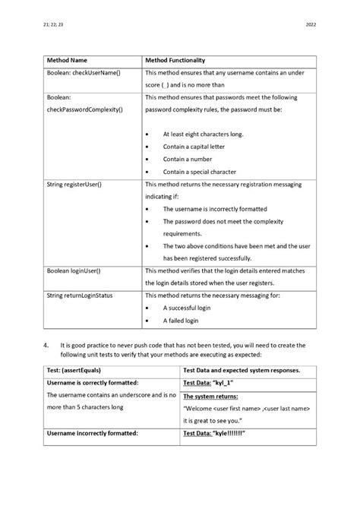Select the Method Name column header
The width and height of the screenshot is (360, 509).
(x=68, y=59)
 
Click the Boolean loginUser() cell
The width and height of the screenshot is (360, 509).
(x=74, y=270)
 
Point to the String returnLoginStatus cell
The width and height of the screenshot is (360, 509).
(x=80, y=296)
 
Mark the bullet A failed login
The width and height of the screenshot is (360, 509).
(x=181, y=321)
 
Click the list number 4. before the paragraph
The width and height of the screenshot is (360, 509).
(x=46, y=345)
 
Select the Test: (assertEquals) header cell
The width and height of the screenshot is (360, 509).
(x=76, y=370)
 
